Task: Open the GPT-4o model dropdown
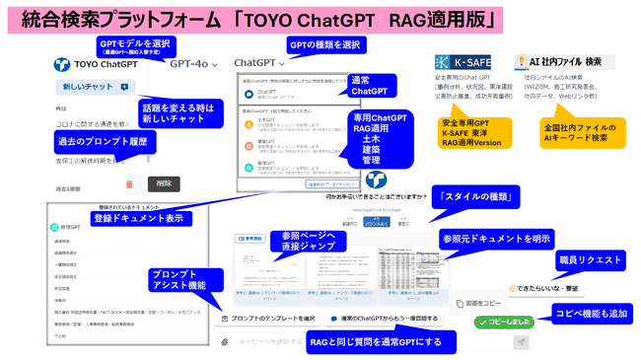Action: click(x=193, y=64)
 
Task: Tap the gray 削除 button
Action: click(x=164, y=183)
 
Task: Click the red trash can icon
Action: click(x=129, y=183)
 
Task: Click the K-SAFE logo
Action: click(x=463, y=62)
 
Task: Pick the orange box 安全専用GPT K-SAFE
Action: click(x=476, y=132)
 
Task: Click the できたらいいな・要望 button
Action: click(x=547, y=288)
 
